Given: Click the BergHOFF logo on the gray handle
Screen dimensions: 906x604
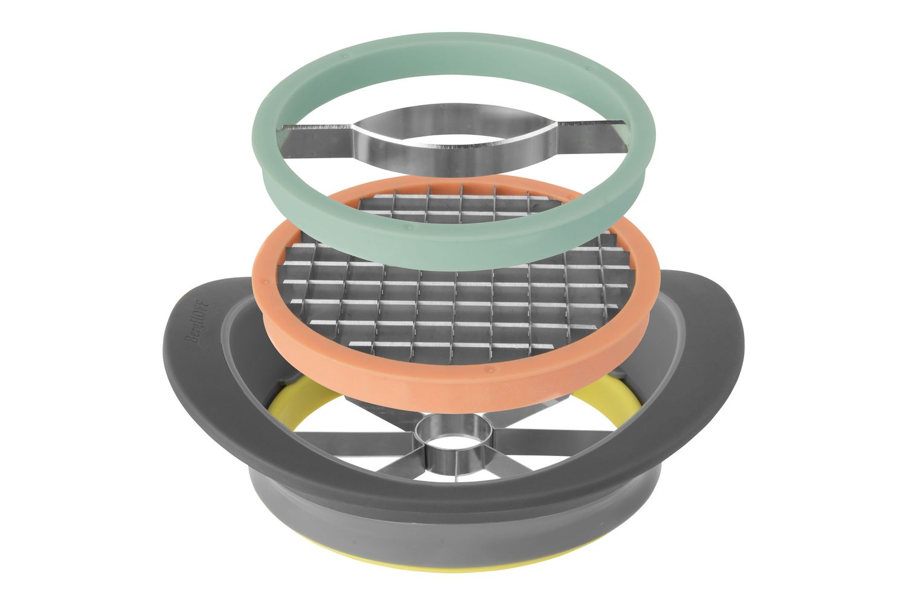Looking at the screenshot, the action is (196, 321).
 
